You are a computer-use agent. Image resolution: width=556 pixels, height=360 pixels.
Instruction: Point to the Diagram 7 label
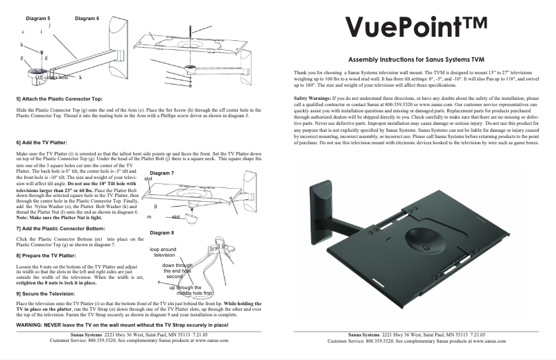162,172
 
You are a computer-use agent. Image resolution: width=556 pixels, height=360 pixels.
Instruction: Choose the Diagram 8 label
162,232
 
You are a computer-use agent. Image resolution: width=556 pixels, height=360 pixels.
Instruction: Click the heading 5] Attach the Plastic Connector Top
59,99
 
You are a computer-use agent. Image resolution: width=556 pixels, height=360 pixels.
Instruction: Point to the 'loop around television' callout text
164,251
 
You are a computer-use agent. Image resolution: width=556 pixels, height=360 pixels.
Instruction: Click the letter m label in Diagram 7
149,217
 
